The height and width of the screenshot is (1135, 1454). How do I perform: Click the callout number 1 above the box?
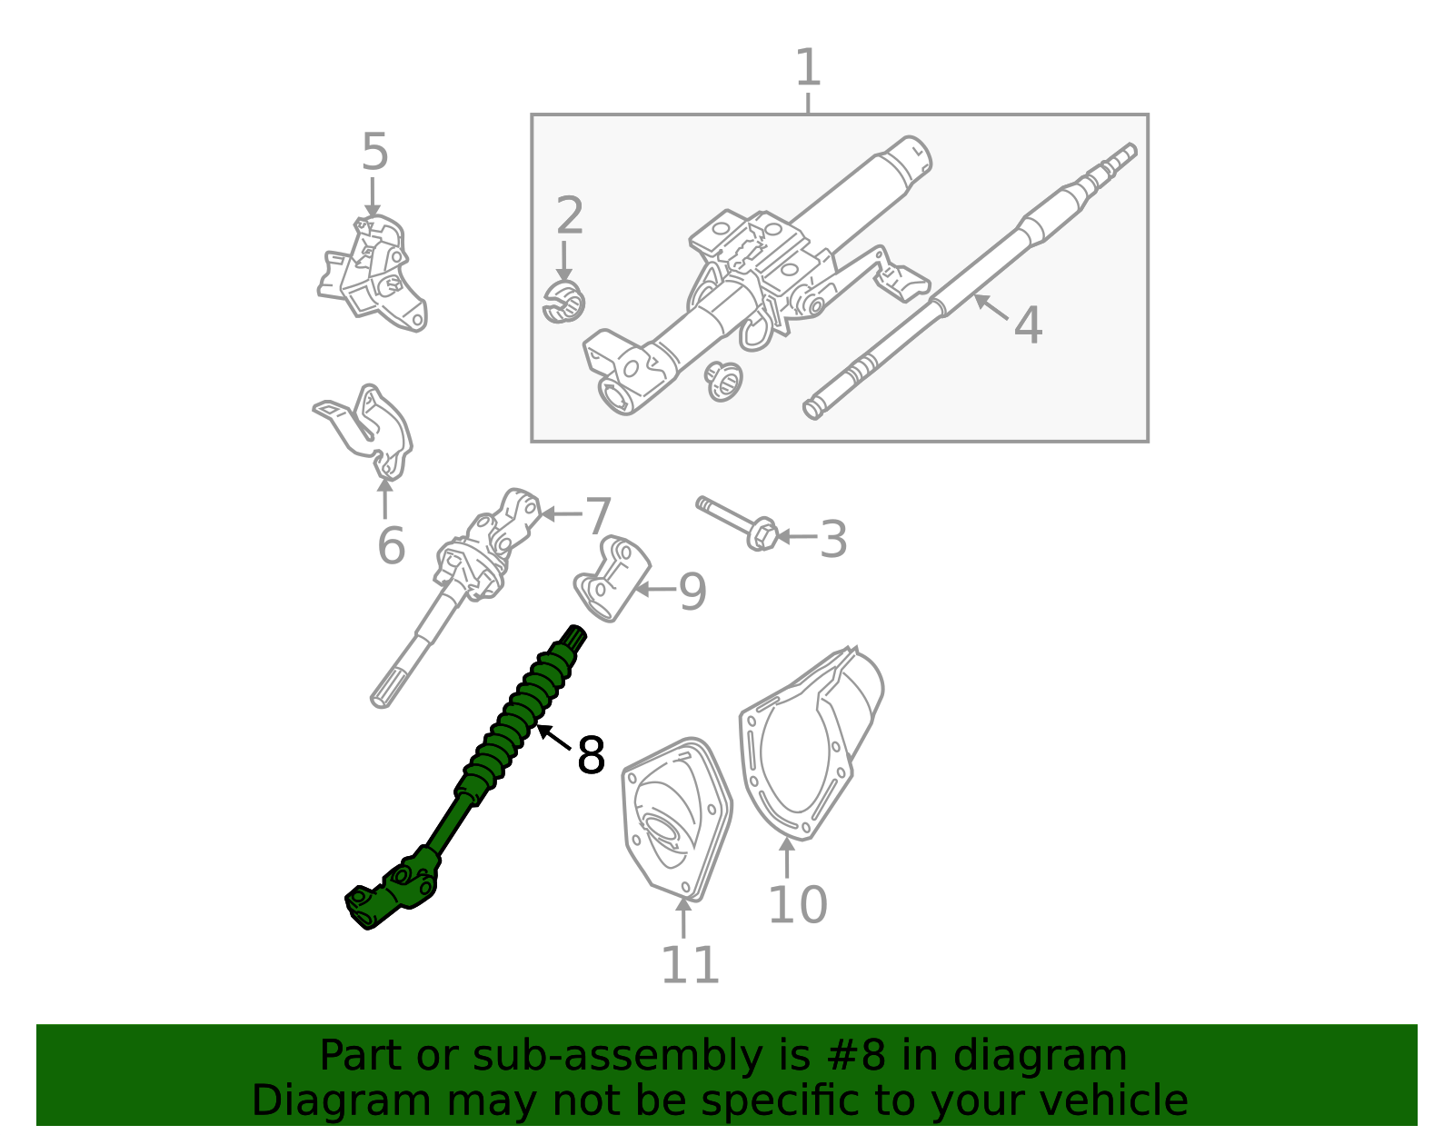807,68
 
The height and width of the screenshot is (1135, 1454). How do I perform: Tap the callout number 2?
569,216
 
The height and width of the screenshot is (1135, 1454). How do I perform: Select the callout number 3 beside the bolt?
832,540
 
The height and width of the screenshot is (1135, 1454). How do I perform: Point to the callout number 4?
1028,325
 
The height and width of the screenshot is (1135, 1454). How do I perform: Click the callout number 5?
374,153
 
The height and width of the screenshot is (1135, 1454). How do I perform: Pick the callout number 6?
391,546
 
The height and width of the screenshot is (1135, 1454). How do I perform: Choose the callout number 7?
598,517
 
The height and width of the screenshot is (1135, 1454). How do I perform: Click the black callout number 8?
591,755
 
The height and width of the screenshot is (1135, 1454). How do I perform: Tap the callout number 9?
692,592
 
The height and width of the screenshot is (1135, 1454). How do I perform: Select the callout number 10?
797,905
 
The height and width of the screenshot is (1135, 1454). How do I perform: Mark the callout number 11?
690,965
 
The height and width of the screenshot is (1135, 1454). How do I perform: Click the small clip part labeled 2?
563,303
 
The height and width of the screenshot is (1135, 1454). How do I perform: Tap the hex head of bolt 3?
762,534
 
